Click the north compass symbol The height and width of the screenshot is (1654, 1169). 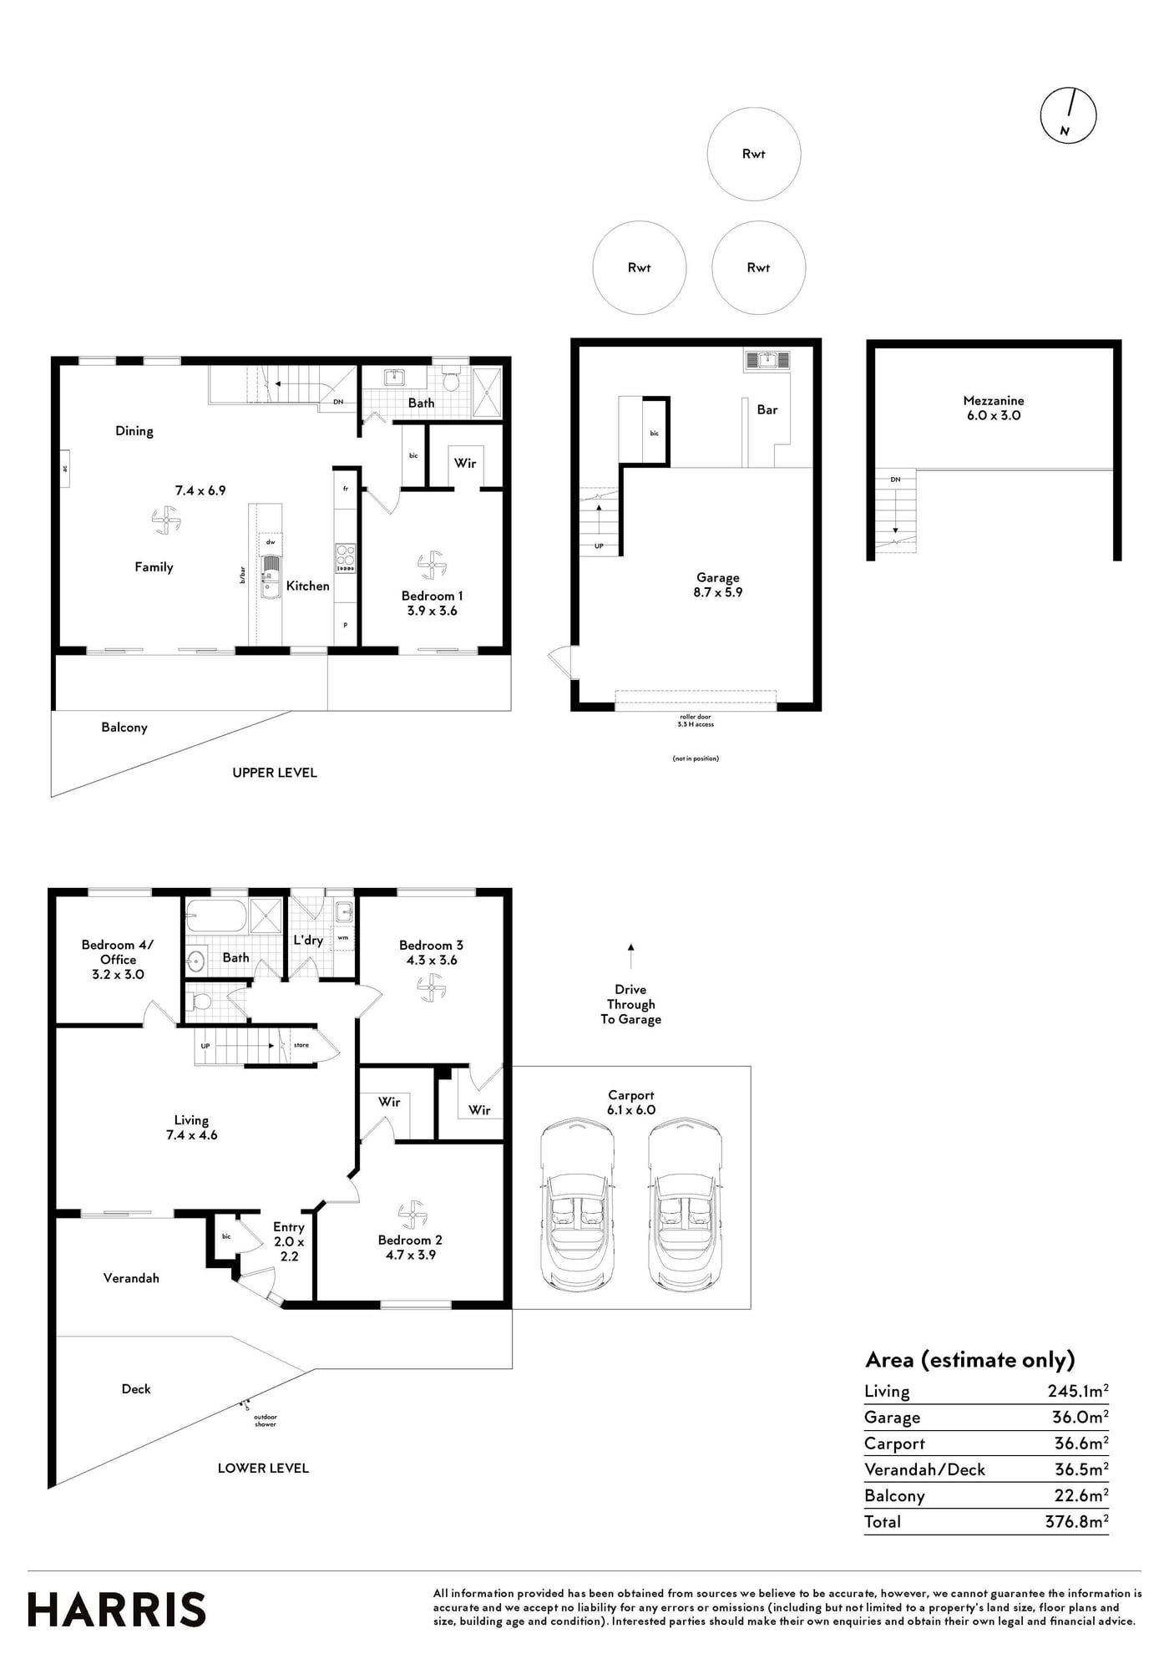(x=1068, y=115)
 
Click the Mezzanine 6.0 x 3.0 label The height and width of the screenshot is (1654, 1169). (x=994, y=408)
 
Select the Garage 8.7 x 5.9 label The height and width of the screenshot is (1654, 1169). (x=718, y=585)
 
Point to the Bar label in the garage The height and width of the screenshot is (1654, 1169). (x=767, y=410)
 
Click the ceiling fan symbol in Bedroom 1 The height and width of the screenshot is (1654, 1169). (x=432, y=565)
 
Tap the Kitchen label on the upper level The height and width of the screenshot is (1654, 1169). (x=308, y=586)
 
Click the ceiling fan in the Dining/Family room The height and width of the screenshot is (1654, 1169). (x=166, y=521)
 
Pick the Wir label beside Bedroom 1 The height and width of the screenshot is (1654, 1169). (x=465, y=463)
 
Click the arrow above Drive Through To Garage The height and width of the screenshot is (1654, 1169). (x=630, y=956)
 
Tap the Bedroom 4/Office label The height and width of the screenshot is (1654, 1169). (x=118, y=960)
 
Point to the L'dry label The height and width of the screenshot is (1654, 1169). (x=308, y=940)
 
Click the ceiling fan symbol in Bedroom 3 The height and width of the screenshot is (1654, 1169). (x=431, y=987)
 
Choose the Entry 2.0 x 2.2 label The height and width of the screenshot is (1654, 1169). (x=289, y=1241)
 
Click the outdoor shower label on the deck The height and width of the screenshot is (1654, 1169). (x=266, y=1420)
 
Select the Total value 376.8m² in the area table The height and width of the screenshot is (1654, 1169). (x=1077, y=1521)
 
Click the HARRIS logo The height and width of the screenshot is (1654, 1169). (x=117, y=1610)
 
